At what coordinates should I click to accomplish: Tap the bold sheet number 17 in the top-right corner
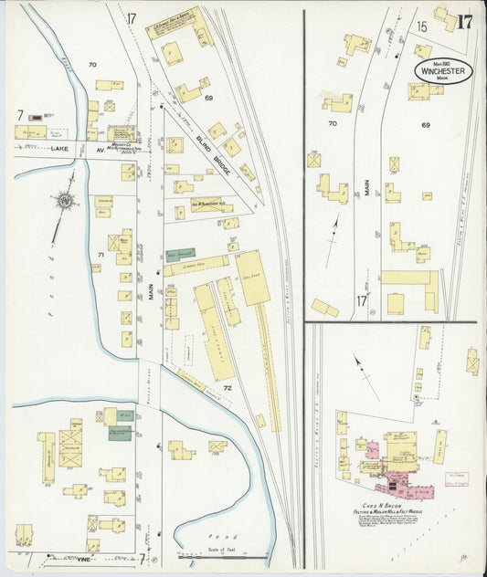(465, 23)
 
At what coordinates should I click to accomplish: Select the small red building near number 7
(37, 117)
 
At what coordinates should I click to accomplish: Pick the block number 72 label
(228, 389)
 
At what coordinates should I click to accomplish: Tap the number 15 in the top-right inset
(421, 27)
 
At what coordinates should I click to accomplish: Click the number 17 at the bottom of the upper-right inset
(362, 300)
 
